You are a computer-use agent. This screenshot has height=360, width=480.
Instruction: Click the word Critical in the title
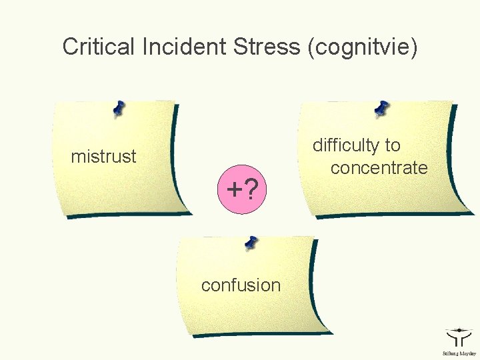pyautogui.click(x=99, y=47)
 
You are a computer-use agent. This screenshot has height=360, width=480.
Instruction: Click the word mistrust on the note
pyautogui.click(x=103, y=157)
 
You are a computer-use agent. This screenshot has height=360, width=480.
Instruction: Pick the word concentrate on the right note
pyautogui.click(x=379, y=168)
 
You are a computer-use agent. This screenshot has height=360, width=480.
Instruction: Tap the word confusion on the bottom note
pyautogui.click(x=241, y=285)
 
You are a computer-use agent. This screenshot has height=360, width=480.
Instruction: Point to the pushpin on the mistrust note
pyautogui.click(x=119, y=109)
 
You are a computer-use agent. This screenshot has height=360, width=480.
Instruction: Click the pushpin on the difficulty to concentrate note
pyautogui.click(x=382, y=107)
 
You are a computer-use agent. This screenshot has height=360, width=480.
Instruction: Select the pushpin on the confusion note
pyautogui.click(x=251, y=243)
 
